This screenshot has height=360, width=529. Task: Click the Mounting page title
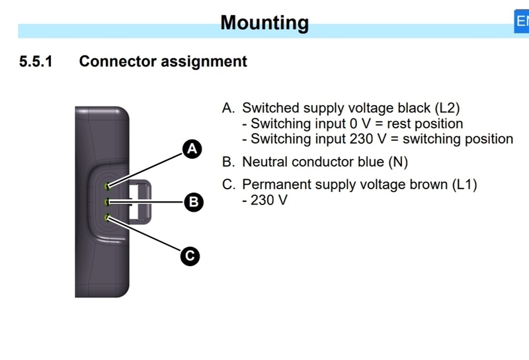pyautogui.click(x=264, y=22)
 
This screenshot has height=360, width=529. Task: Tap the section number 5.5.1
pyautogui.click(x=36, y=62)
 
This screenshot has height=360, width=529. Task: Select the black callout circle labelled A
pyautogui.click(x=192, y=149)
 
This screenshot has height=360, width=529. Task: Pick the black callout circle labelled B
pyautogui.click(x=194, y=202)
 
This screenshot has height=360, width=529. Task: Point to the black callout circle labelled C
pyautogui.click(x=190, y=256)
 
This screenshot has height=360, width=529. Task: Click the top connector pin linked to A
pyautogui.click(x=108, y=186)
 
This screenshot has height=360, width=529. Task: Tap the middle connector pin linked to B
pyautogui.click(x=108, y=202)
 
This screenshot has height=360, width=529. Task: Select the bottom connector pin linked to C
pyautogui.click(x=108, y=218)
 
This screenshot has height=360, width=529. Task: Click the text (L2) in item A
pyautogui.click(x=448, y=108)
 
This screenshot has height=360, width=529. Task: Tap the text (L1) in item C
pyautogui.click(x=464, y=185)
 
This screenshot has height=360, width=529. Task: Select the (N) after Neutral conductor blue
pyautogui.click(x=398, y=162)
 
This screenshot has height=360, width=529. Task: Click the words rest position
pyautogui.click(x=425, y=124)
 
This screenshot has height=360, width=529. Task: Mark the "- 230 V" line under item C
pyautogui.click(x=265, y=201)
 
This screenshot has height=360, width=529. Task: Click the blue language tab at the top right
pyautogui.click(x=522, y=21)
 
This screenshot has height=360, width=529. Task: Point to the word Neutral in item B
pyautogui.click(x=265, y=161)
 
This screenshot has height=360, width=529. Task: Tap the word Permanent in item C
pyautogui.click(x=272, y=185)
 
